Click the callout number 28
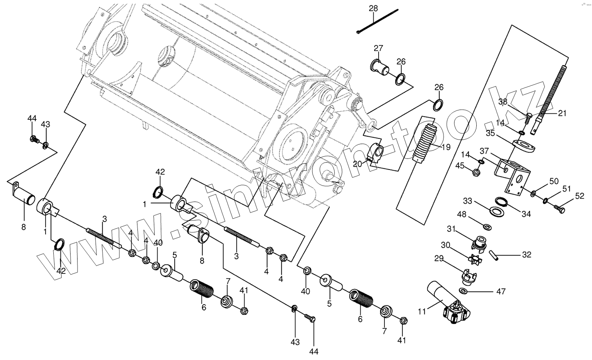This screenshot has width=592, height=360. coord(373,8)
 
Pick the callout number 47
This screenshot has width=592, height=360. coord(501,291)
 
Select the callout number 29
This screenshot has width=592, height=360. coord(439,258)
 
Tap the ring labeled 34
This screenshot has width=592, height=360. coord(501,201)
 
